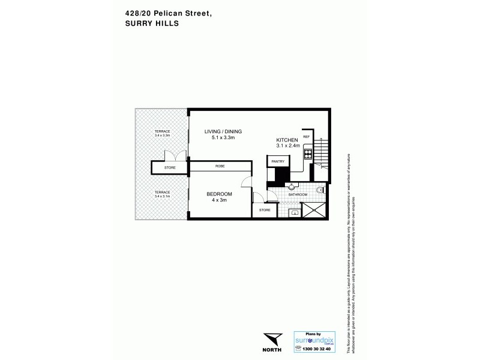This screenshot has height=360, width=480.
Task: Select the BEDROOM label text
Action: tap(219, 194)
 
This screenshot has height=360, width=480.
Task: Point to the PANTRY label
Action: tap(277, 161)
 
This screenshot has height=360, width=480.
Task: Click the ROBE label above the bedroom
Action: tap(220, 167)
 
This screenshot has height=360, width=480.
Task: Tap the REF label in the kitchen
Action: tap(306, 137)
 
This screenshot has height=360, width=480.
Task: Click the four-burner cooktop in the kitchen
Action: tap(307, 154)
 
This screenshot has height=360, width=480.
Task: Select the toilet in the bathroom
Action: tap(320, 190)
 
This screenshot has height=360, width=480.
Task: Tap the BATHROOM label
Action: tap(298, 194)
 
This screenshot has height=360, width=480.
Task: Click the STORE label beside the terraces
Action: tap(170, 167)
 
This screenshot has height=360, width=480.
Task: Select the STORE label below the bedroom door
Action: tap(265, 210)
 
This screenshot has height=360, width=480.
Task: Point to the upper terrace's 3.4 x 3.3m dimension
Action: tap(162, 136)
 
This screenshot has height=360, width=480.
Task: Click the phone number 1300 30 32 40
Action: tap(316, 348)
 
